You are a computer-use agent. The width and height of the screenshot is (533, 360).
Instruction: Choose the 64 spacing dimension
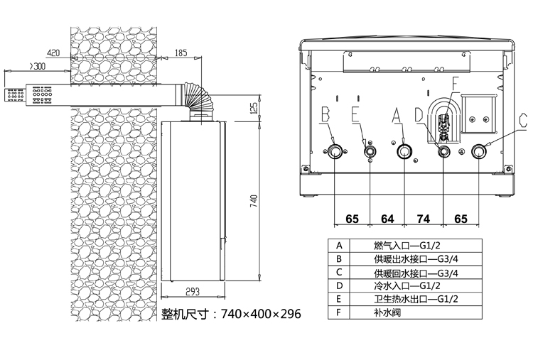pos(387,219)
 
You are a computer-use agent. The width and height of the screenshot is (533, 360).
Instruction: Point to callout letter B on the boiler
pos(325,113)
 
